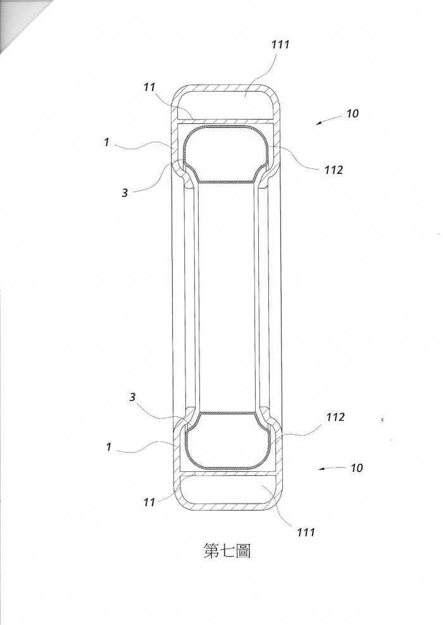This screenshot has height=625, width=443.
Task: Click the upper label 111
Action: (280, 44)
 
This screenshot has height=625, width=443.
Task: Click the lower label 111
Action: (306, 532)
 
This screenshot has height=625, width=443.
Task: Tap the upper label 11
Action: (149, 87)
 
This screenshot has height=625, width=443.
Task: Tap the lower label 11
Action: (149, 502)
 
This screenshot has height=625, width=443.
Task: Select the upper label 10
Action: (352, 114)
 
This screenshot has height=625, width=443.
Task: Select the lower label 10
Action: (356, 467)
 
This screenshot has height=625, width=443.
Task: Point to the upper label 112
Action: (334, 170)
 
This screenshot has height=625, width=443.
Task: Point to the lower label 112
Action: (335, 417)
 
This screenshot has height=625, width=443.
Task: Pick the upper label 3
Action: (125, 193)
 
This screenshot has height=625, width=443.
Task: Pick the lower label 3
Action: (132, 397)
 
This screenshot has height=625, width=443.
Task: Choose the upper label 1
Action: (106, 142)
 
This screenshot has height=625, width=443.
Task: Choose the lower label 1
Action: (108, 447)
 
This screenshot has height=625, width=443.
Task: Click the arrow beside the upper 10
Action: (329, 120)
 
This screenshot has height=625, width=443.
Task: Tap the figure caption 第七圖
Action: (227, 551)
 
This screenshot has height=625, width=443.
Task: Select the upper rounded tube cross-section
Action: (226, 154)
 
